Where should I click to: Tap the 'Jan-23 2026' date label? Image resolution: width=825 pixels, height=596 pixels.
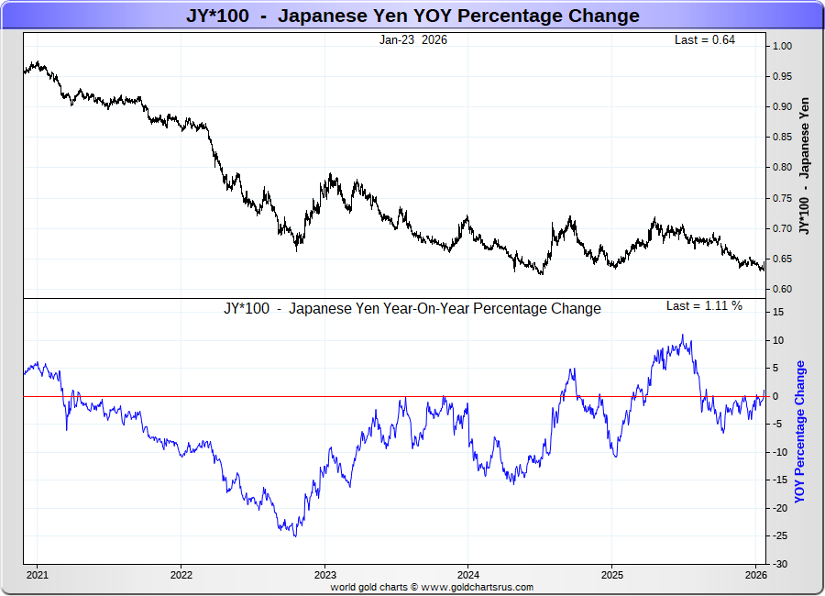(413, 40)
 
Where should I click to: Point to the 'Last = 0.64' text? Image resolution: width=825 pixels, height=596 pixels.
(705, 40)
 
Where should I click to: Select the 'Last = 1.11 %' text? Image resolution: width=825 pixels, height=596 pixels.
(704, 306)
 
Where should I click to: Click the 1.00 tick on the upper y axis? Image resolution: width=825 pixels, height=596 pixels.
(782, 46)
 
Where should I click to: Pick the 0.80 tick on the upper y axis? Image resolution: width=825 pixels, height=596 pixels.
(782, 168)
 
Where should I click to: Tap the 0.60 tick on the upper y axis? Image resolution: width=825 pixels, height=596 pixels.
(782, 290)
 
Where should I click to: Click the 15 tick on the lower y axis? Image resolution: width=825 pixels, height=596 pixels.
(777, 313)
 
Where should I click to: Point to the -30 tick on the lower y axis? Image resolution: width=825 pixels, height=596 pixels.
(777, 564)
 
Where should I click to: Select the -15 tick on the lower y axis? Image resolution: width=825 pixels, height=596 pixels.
(777, 480)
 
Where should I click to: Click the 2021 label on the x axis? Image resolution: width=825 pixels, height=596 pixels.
(38, 576)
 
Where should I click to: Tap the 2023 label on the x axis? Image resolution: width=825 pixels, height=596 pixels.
(324, 576)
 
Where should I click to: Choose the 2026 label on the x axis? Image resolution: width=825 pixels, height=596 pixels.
(755, 576)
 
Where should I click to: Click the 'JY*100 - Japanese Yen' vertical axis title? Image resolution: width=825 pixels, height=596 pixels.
(804, 167)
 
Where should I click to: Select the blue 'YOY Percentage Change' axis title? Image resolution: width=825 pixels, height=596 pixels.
(799, 432)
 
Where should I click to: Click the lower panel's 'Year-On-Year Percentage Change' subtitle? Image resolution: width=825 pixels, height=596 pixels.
(412, 309)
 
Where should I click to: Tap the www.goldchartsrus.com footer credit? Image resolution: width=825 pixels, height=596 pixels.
(477, 587)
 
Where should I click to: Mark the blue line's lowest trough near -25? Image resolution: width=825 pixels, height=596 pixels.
(294, 535)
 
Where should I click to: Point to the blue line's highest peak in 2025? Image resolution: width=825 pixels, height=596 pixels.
(683, 336)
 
